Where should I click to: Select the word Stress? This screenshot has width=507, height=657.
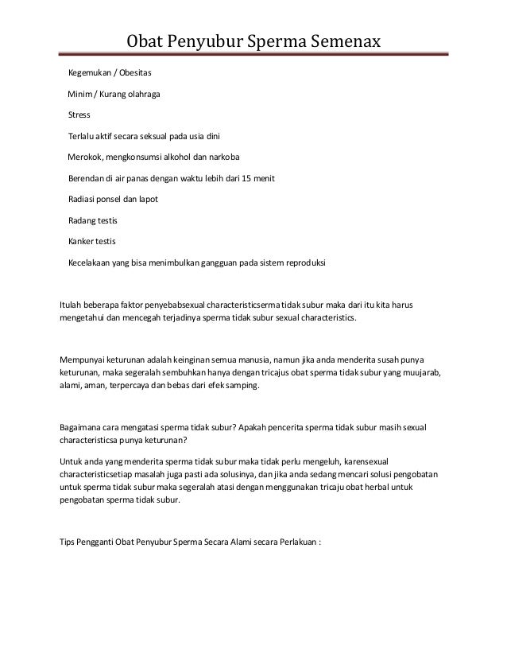[79, 115]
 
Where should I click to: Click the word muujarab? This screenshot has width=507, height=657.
[424, 372]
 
